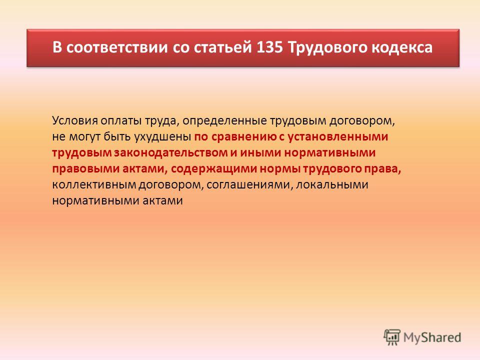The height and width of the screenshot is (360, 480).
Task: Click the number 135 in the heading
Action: [x=269, y=47]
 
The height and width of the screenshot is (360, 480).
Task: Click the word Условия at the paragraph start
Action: [x=75, y=120]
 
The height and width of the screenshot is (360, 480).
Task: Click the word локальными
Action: [x=332, y=184]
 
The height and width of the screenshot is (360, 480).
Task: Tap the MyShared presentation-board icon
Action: [x=392, y=337]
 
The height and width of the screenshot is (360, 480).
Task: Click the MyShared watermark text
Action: [x=432, y=337]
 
